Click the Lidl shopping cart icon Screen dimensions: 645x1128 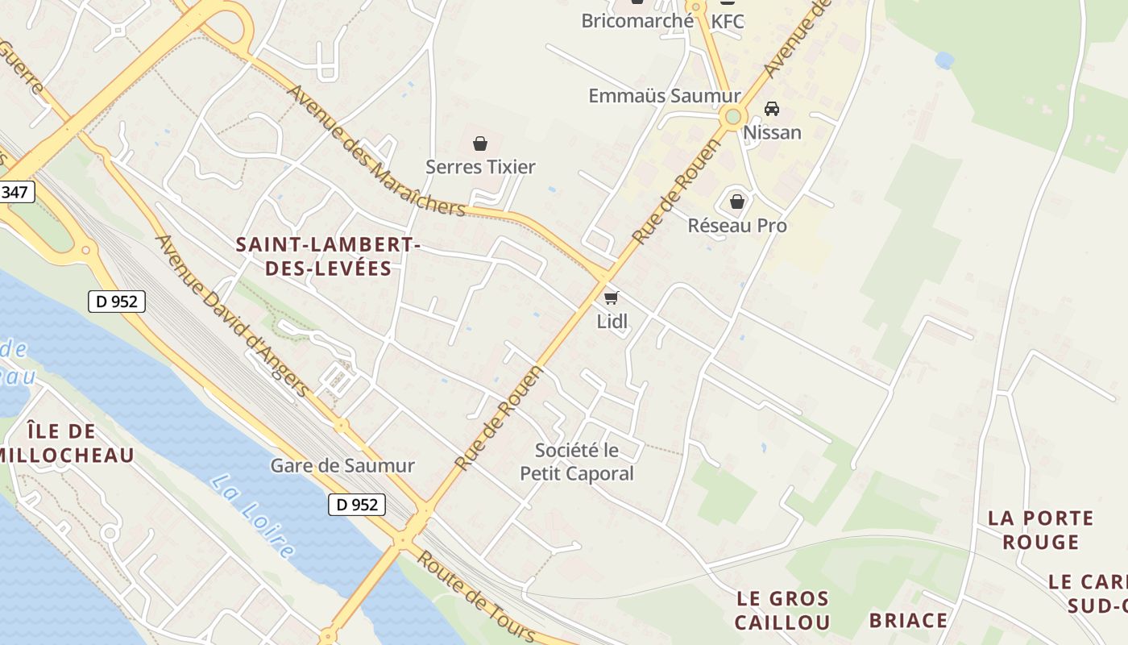(612, 298)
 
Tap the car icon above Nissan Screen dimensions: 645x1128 (771, 109)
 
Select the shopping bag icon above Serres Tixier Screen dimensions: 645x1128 (480, 144)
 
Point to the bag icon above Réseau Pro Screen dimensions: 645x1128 (736, 202)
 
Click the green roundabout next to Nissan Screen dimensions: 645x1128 (732, 117)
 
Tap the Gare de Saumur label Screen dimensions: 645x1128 (342, 465)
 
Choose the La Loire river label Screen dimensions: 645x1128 (252, 517)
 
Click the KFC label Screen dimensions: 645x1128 (727, 21)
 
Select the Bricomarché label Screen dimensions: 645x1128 (637, 21)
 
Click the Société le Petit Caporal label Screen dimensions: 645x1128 (577, 462)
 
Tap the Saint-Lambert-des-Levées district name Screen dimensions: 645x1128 (328, 256)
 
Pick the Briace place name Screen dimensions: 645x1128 (908, 621)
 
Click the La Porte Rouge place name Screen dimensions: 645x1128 (1040, 530)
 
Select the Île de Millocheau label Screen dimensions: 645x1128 (64, 443)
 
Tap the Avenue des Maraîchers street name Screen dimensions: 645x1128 (375, 151)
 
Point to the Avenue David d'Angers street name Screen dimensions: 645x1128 (232, 316)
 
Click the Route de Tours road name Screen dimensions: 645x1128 (475, 597)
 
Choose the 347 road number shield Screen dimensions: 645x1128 (15, 193)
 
